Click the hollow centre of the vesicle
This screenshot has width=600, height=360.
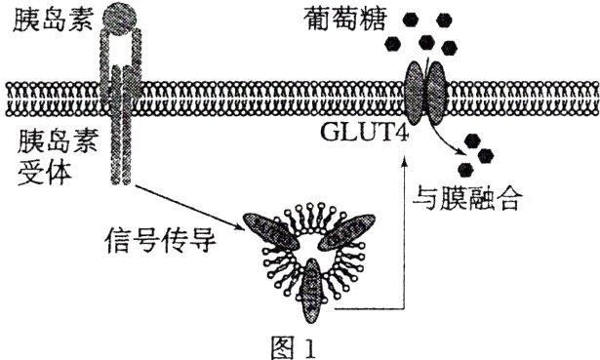[312, 250]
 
